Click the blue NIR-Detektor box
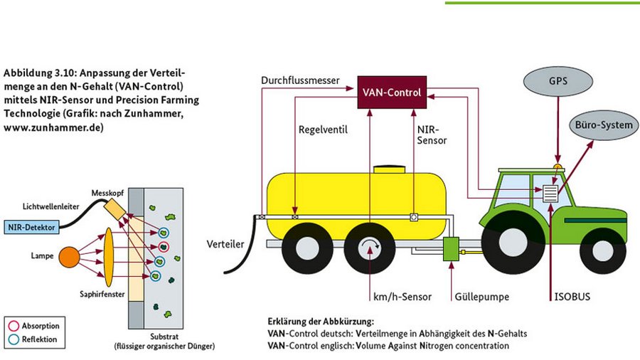point(31,227)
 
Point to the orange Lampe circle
point(69,256)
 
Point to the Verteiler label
point(225,244)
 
